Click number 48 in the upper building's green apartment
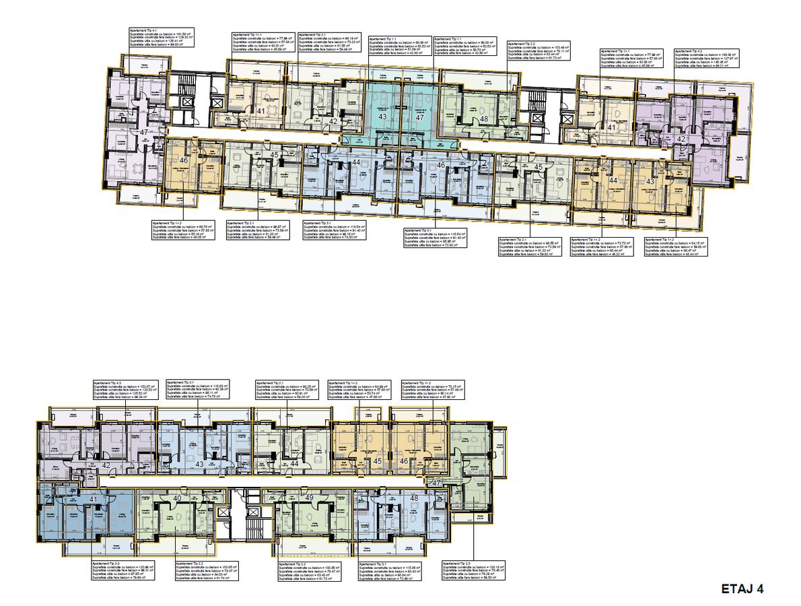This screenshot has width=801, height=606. [484, 119]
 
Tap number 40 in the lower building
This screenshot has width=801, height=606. [177, 498]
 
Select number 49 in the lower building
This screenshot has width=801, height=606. [309, 498]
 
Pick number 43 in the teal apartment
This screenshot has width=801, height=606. [382, 117]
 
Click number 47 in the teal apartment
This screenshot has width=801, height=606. [419, 117]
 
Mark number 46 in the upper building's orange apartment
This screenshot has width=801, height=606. [184, 160]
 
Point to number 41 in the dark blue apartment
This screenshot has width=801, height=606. [93, 500]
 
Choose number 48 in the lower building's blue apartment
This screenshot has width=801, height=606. [414, 499]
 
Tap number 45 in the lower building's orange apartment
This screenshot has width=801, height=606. [378, 461]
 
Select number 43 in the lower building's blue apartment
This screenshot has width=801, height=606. [199, 464]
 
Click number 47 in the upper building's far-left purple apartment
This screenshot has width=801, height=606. [143, 133]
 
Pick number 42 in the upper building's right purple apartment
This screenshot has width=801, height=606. [681, 139]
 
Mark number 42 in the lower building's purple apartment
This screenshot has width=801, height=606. [106, 465]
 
